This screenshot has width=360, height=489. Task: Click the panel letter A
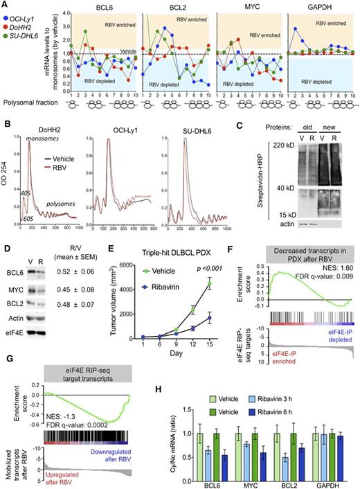5,5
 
